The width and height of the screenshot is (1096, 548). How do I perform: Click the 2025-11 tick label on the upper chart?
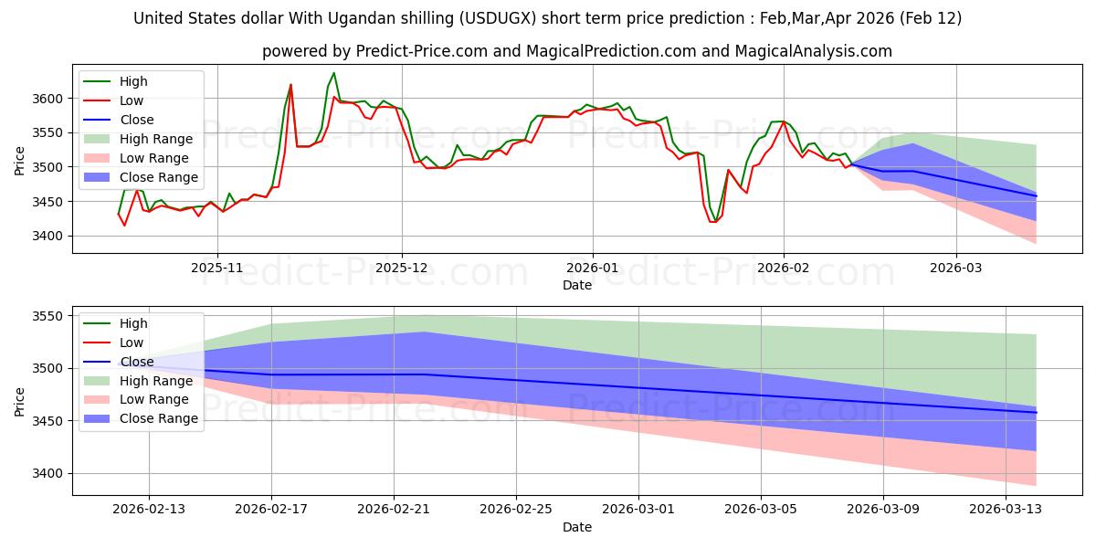[216, 269]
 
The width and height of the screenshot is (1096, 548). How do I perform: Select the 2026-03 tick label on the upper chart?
[956, 269]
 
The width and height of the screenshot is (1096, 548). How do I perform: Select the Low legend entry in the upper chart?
[133, 100]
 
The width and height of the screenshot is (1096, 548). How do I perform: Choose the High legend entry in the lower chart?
[133, 323]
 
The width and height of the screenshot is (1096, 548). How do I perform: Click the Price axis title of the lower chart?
[20, 400]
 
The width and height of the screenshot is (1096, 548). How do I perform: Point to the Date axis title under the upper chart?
[576, 285]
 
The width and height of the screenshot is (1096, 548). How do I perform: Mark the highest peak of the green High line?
[333, 73]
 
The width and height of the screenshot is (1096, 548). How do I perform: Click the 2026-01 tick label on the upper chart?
[592, 269]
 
